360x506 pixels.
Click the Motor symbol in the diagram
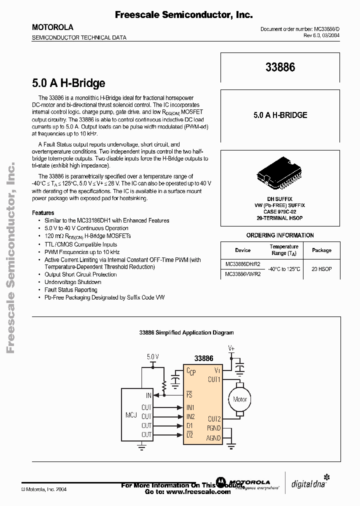click(240, 399)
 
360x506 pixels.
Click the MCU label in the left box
click(131, 415)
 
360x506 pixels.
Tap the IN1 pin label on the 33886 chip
click(190, 407)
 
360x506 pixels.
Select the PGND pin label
click(213, 427)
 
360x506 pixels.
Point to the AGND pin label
click(213, 438)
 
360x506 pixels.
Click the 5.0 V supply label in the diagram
click(153, 356)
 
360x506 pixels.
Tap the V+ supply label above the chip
click(231, 347)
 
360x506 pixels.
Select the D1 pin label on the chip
click(189, 425)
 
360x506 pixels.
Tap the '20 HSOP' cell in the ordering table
click(321, 269)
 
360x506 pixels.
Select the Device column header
click(243, 250)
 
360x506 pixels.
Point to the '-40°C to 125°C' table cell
click(284, 269)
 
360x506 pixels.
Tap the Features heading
click(43, 212)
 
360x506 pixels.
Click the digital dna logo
click(308, 483)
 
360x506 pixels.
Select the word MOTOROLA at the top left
click(52, 27)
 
